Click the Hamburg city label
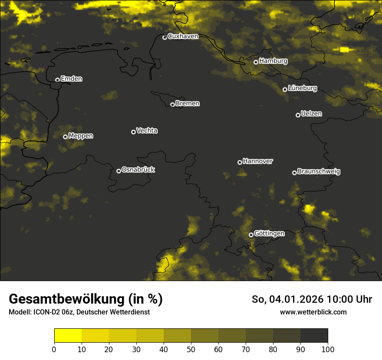(x=273, y=61)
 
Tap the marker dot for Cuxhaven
(x=165, y=37)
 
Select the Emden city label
(x=71, y=79)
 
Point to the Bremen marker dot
(x=172, y=105)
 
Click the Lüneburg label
(x=302, y=88)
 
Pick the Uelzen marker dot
(x=298, y=115)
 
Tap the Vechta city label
(x=147, y=131)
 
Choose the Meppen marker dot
(x=65, y=137)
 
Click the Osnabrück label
(x=138, y=170)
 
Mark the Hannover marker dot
(x=240, y=162)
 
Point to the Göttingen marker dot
(x=251, y=235)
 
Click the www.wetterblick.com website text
(x=313, y=312)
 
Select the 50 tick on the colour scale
(x=191, y=349)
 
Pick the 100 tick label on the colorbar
(x=328, y=349)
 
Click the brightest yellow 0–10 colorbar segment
(x=68, y=336)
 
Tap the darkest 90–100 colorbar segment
(x=314, y=336)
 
